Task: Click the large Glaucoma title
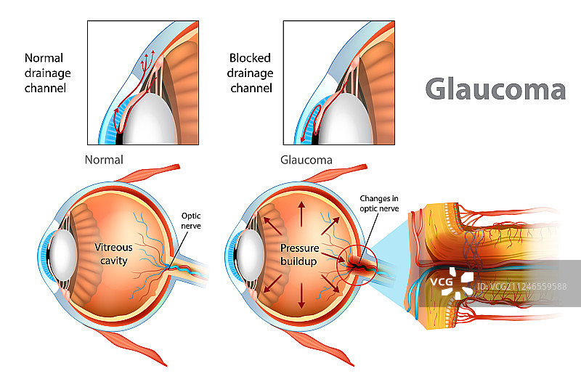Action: (x=495, y=89)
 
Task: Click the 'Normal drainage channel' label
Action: (x=45, y=73)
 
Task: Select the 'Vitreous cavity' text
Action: (x=114, y=254)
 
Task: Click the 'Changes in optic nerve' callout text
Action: (x=379, y=203)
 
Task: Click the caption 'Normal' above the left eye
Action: (x=104, y=160)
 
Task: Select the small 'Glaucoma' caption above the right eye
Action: (x=306, y=160)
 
